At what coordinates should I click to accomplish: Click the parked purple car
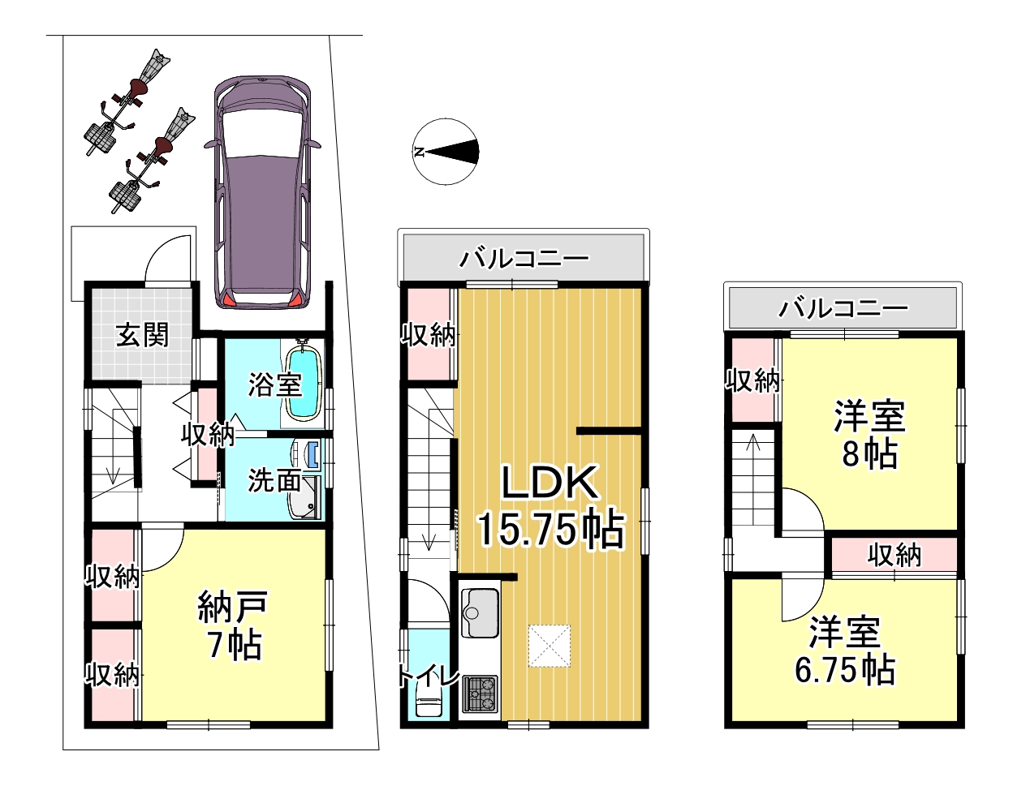(262, 192)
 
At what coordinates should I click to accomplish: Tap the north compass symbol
(446, 152)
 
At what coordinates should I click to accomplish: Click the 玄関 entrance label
(142, 335)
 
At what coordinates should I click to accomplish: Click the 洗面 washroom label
(274, 480)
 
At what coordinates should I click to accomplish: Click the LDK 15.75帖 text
(550, 507)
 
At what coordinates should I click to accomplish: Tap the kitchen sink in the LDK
(479, 612)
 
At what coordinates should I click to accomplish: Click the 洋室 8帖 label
(869, 434)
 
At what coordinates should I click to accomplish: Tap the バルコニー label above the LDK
(524, 259)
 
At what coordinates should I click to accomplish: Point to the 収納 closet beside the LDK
(429, 334)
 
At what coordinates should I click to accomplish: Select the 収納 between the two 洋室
(894, 555)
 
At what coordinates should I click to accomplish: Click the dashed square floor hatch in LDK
(550, 646)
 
